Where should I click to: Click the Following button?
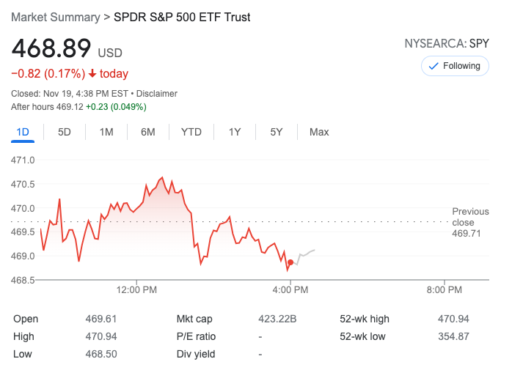point(455,66)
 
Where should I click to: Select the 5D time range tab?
point(65,132)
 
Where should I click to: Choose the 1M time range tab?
point(106,132)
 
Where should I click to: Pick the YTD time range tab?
point(191,132)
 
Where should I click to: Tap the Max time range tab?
point(319,132)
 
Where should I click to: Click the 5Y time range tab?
point(276,132)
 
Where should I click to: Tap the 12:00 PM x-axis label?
point(137,290)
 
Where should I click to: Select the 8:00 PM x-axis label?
point(444,290)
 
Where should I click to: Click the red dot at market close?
point(290,262)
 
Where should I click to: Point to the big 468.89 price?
point(51,48)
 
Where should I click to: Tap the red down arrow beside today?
point(92,73)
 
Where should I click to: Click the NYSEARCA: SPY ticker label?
point(446,44)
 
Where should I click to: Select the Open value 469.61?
point(101,319)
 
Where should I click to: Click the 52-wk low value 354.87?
point(452,336)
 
